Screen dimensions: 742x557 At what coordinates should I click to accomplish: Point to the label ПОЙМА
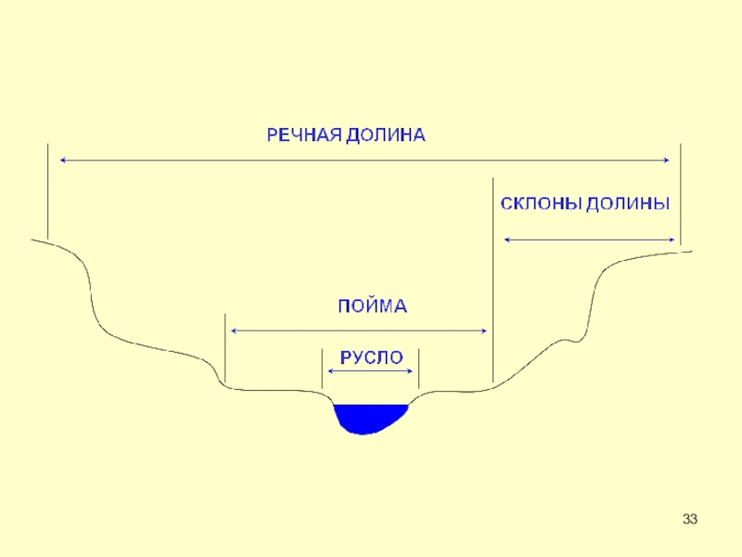point(371,305)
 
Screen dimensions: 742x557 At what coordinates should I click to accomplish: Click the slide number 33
point(689,519)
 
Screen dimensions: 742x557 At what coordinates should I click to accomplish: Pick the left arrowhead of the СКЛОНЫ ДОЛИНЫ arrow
point(507,240)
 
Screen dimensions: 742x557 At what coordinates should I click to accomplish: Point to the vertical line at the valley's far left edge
point(46,190)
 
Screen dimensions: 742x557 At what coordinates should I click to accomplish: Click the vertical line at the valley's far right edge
point(681,195)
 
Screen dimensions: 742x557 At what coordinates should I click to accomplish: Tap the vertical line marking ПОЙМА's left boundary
point(225,348)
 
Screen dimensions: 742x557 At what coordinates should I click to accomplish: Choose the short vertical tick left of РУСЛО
point(321,369)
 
